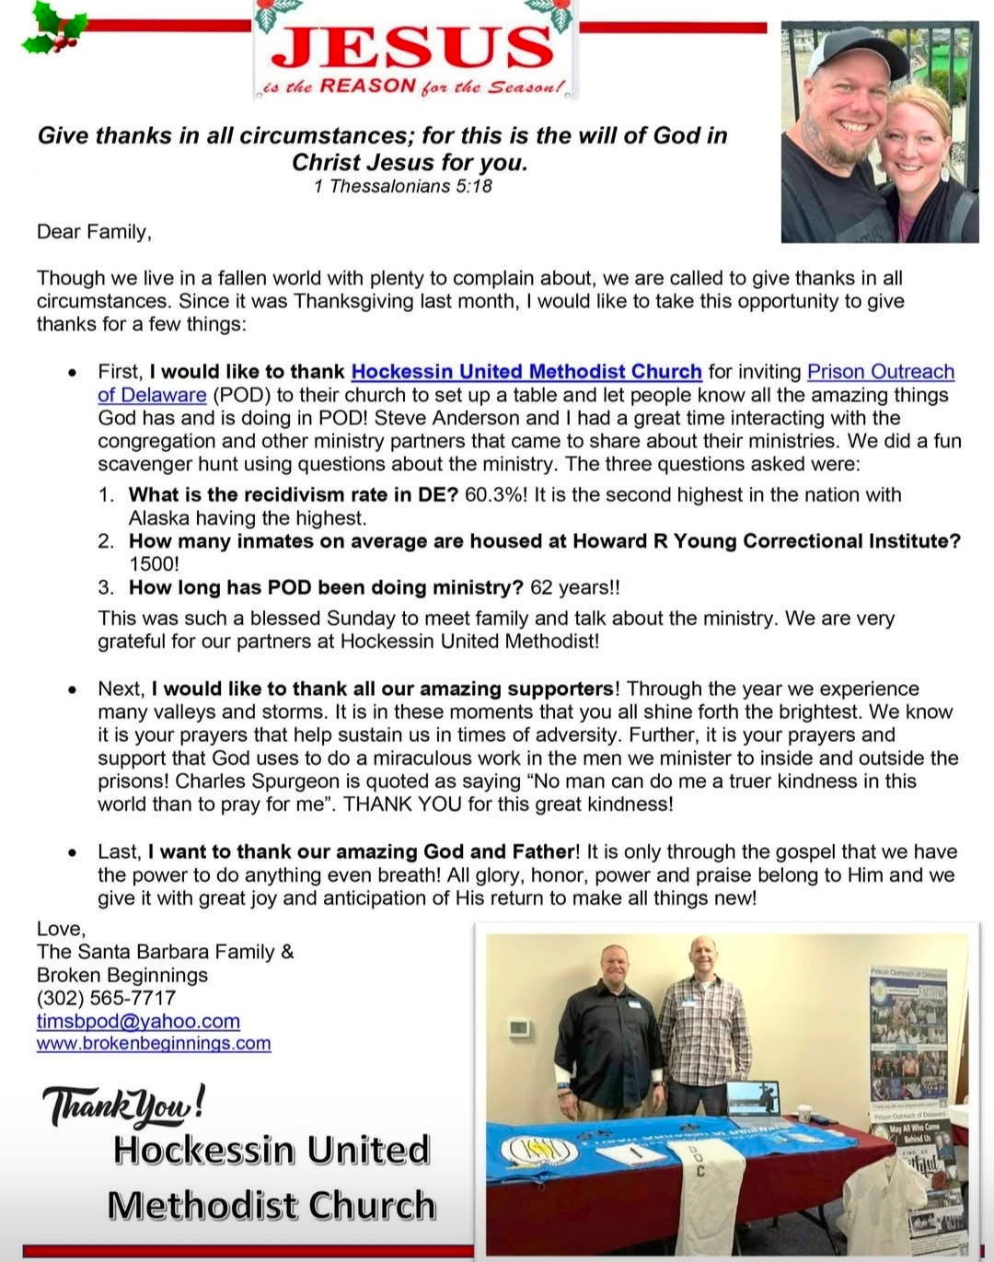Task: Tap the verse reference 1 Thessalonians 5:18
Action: coord(402,186)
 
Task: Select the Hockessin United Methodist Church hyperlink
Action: coord(526,372)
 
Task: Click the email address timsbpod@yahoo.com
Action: coord(138,1021)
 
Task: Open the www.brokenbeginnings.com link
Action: coord(154,1044)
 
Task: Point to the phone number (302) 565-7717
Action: coord(106,998)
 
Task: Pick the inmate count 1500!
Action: coord(154,564)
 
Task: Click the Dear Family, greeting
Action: coord(94,232)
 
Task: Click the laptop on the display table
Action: coord(752,1098)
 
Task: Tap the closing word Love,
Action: coord(61,929)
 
